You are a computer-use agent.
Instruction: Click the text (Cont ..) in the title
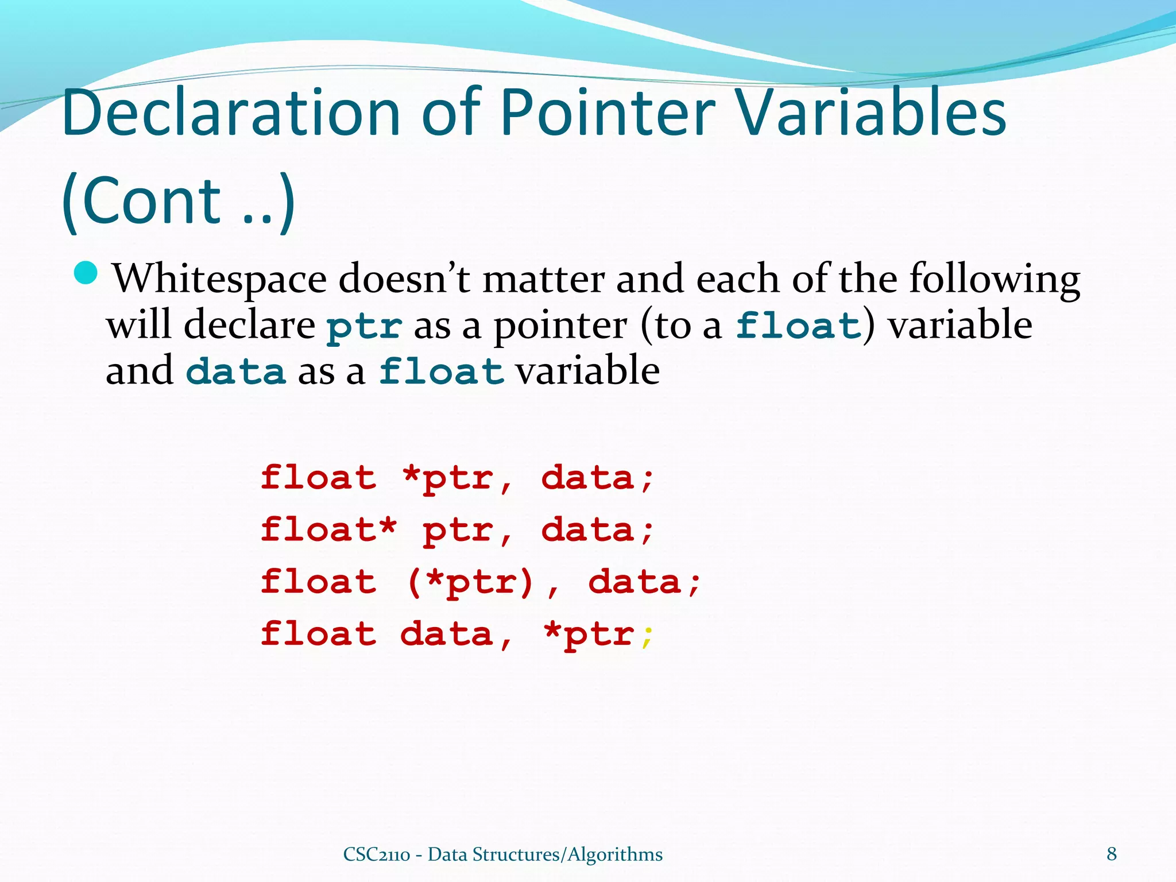(x=178, y=201)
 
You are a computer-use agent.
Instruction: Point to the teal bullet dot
(x=87, y=273)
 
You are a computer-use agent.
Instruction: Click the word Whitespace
(x=219, y=280)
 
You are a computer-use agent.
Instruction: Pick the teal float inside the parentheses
(x=799, y=326)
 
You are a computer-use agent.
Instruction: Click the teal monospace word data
(x=236, y=372)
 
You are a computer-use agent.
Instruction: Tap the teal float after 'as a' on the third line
(x=441, y=372)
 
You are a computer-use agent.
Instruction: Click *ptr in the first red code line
(x=448, y=478)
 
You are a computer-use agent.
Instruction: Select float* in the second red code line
(x=328, y=529)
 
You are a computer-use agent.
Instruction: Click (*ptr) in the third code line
(x=471, y=582)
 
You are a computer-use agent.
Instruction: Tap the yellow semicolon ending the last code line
(x=648, y=636)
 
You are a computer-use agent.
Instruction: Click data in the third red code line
(x=635, y=582)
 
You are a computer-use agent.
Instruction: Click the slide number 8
(x=1112, y=854)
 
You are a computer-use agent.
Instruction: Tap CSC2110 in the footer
(x=376, y=854)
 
